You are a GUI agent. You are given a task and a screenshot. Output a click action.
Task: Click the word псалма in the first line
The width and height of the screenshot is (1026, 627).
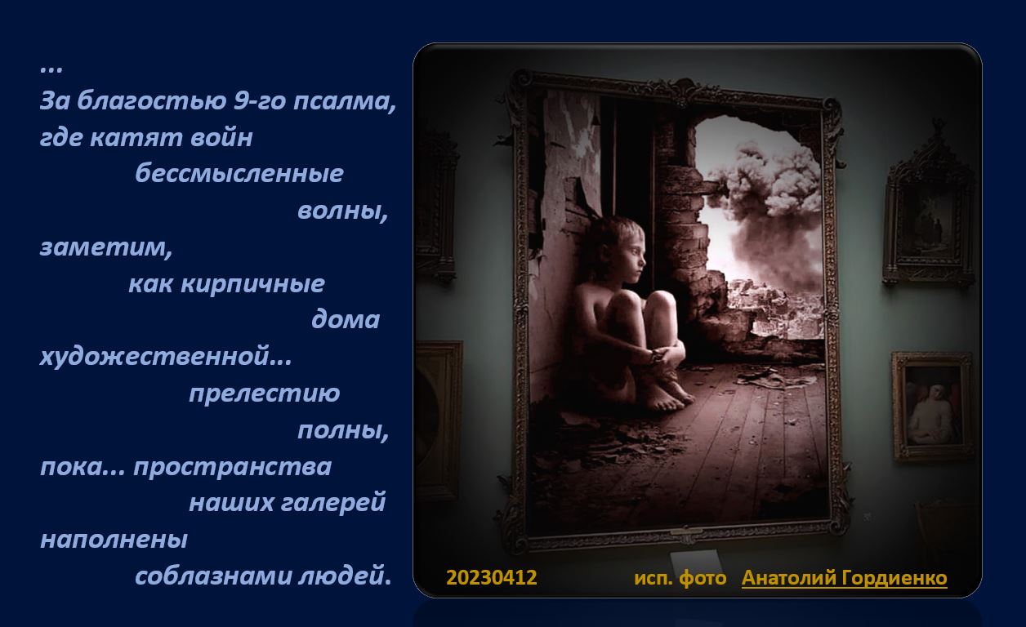344,100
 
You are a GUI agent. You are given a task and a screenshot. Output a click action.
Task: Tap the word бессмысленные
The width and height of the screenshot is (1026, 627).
239,173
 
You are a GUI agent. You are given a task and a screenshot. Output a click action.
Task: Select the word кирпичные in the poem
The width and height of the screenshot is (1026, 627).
253,284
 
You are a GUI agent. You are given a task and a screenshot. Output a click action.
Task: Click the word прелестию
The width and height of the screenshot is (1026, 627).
265,394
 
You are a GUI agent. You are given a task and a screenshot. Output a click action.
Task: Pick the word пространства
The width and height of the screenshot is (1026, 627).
232,467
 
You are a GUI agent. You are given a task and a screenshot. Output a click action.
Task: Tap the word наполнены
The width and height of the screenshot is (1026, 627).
114,540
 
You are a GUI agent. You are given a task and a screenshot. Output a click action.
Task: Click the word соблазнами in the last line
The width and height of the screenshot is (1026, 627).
213,576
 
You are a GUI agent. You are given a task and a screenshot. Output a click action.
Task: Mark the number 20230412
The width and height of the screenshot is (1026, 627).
492,578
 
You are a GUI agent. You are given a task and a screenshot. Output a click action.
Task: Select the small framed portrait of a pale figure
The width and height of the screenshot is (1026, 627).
932,406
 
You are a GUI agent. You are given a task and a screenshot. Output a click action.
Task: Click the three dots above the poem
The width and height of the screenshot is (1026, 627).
51,69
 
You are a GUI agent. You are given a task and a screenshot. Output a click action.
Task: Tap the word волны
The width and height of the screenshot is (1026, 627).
342,211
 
